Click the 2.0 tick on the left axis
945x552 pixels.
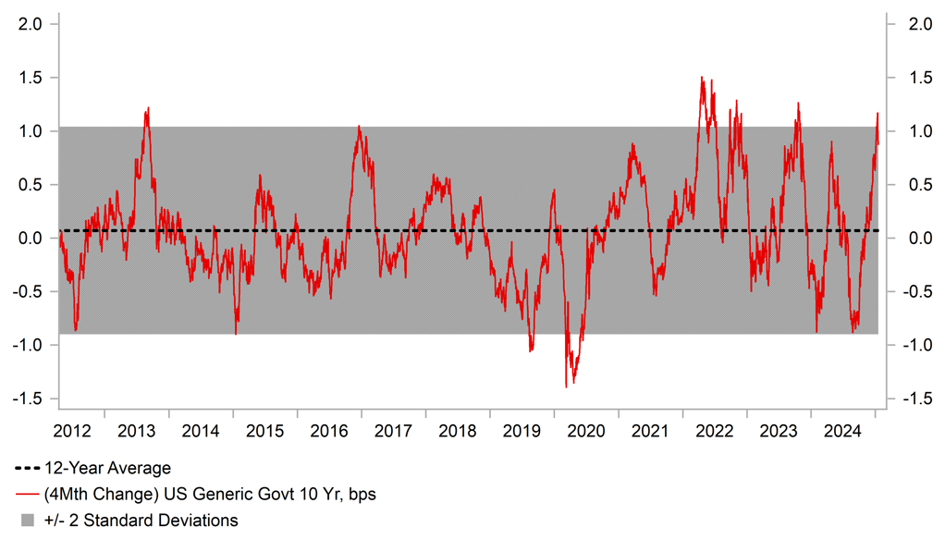(31, 24)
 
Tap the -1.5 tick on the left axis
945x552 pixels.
(29, 399)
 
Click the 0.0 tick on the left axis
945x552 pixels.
(31, 239)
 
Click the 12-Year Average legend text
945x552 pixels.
(106, 469)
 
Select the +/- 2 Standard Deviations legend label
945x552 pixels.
(141, 521)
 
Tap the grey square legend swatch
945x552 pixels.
(29, 521)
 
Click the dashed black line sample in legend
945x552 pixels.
(28, 469)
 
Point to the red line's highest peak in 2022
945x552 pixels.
(702, 78)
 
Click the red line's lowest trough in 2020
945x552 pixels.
(566, 386)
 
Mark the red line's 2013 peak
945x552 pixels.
(148, 108)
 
